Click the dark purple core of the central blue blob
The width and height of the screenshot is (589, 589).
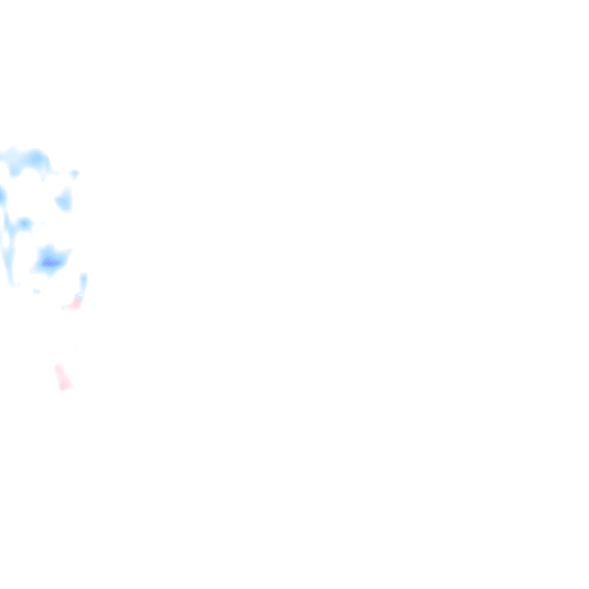pos(50,263)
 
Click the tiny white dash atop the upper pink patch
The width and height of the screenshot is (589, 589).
pos(79,296)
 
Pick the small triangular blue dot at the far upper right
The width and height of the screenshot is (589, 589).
pos(74,173)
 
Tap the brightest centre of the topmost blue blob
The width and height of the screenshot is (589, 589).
pos(36,158)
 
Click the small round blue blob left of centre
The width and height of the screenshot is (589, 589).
pos(24,223)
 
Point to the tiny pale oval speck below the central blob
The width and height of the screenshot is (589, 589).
pos(37,292)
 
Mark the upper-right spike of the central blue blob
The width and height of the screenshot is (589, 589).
pos(67,251)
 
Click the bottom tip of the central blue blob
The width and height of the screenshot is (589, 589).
pos(50,275)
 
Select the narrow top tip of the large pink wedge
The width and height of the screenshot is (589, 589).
pos(57,366)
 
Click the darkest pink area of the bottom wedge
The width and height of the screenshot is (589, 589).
pos(63,384)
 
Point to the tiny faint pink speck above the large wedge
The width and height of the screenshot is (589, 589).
pos(75,349)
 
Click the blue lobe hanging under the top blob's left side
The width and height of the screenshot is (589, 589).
pos(14,171)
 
